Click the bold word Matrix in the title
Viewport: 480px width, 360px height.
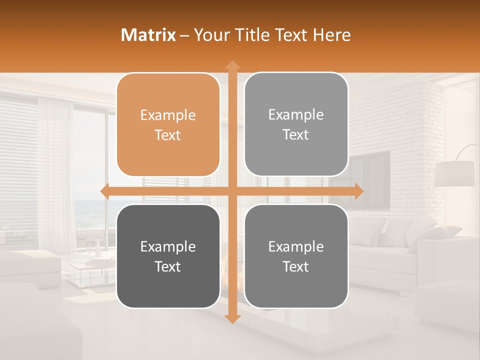click(148, 34)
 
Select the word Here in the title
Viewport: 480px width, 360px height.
click(331, 34)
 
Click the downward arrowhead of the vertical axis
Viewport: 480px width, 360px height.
click(232, 318)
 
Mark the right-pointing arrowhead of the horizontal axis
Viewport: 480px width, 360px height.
click(359, 191)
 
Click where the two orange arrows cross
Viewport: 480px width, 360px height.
click(232, 191)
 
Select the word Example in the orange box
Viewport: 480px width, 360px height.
click(168, 115)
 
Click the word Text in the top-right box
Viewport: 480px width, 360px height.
click(296, 135)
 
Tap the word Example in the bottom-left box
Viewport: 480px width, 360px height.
click(168, 247)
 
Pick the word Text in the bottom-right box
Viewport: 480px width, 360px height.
click(296, 267)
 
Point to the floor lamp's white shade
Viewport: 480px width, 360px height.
click(454, 174)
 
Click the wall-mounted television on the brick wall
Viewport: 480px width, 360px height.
click(370, 180)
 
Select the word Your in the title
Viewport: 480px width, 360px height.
click(210, 34)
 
